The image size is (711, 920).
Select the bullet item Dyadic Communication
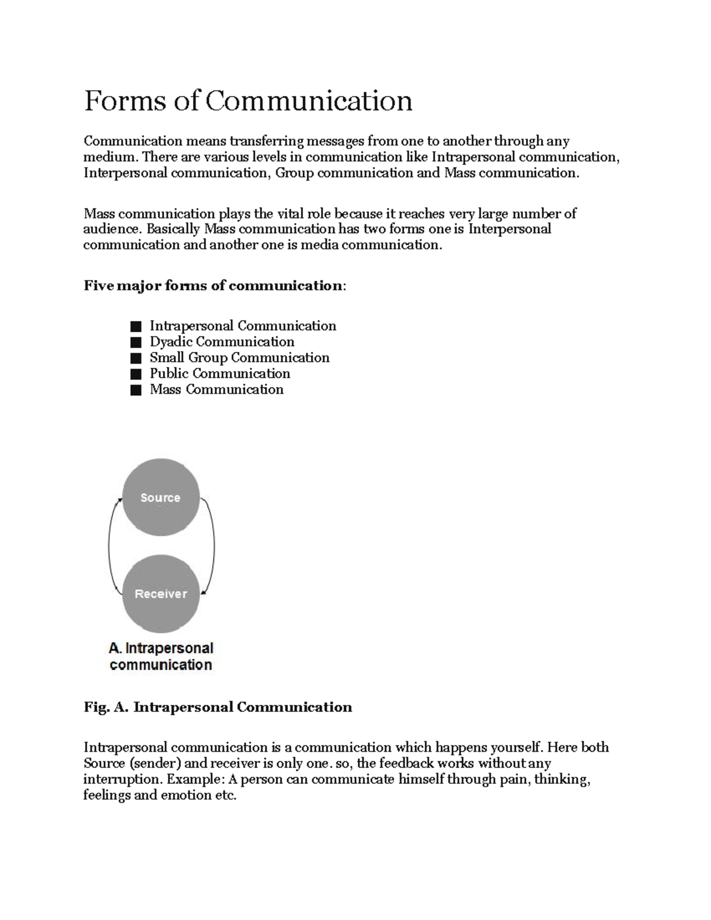[222, 342]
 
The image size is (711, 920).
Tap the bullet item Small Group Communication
[239, 358]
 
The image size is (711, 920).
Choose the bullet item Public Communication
[220, 374]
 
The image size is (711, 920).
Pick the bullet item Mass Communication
[216, 390]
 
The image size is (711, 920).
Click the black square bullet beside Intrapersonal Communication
[136, 326]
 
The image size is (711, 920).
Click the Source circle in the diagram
[161, 498]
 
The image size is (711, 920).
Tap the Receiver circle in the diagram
[161, 594]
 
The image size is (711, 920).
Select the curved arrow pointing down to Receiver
[213, 545]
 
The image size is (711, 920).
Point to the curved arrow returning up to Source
[110, 545]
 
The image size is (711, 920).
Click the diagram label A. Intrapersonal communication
[161, 656]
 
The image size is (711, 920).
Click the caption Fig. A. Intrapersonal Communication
[217, 707]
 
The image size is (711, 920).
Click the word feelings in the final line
[107, 796]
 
